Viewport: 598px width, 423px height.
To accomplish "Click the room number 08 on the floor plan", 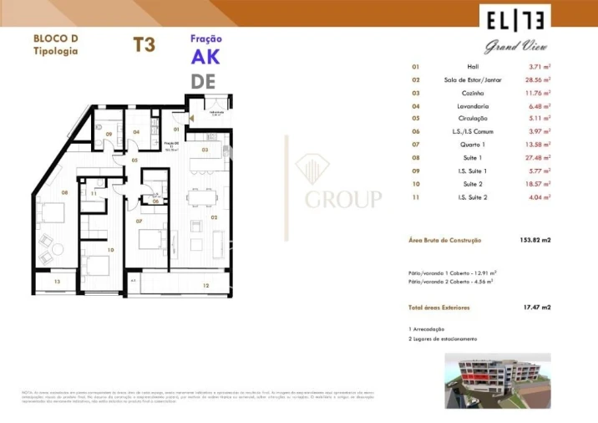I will point(40,191).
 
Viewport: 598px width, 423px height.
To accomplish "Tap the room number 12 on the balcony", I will point(205,286).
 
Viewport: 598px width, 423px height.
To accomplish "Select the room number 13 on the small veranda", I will point(57,283).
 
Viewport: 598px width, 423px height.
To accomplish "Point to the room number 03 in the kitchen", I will point(205,150).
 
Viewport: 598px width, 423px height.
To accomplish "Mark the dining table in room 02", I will point(205,195).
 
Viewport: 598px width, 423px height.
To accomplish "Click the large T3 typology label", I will point(144,44).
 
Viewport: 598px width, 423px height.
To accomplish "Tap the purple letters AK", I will point(205,58).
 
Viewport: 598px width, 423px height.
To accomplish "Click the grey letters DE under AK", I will point(204,81).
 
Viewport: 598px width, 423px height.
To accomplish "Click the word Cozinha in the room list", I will point(473,93).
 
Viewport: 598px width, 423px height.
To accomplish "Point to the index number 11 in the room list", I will point(416,199).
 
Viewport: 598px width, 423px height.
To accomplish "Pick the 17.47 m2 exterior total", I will point(536,308).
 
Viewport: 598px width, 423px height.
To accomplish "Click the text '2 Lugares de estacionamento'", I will point(443,339).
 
